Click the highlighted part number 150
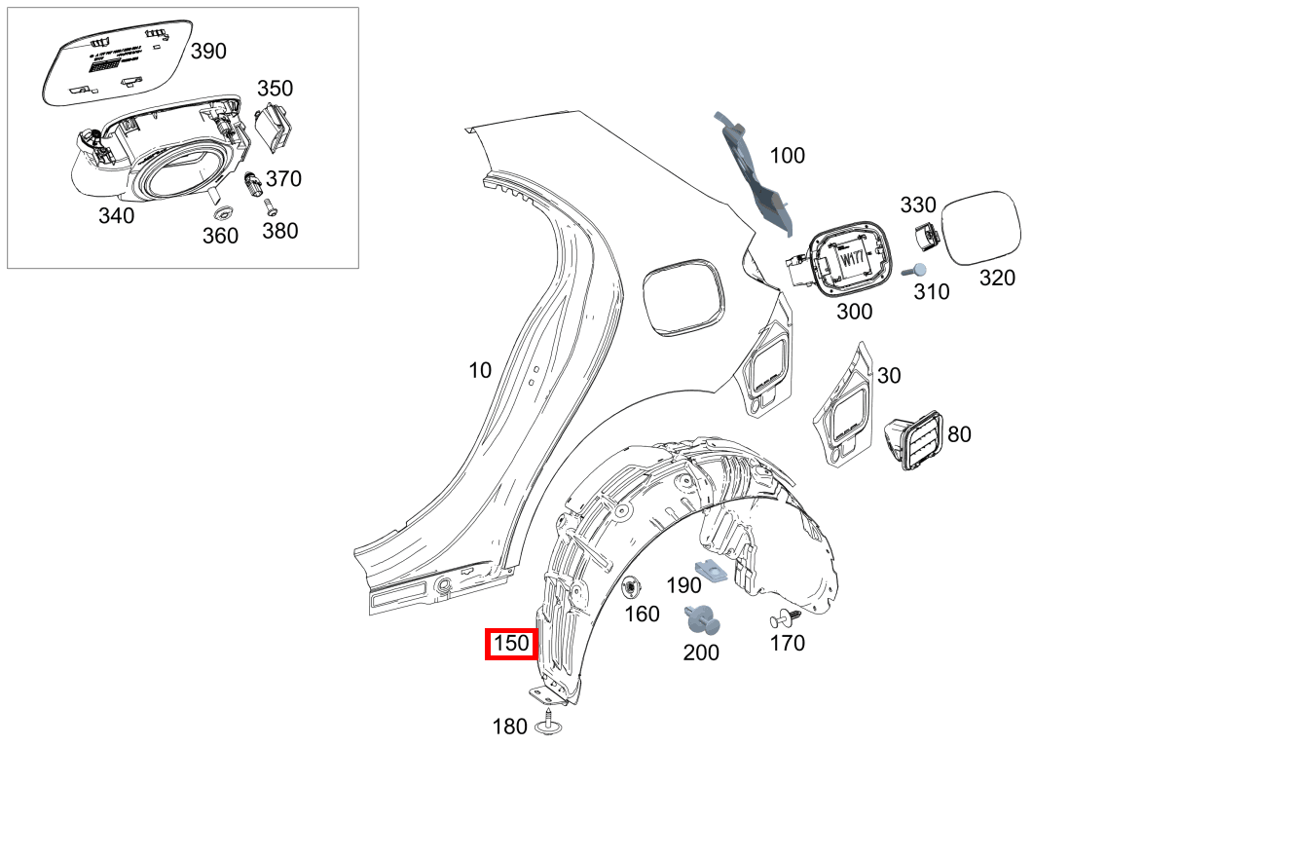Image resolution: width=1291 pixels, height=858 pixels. [x=511, y=644]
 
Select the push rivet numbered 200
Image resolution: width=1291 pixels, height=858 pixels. [x=704, y=619]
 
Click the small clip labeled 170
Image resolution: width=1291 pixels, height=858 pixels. [x=786, y=617]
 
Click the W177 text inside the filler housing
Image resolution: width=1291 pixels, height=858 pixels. [x=852, y=261]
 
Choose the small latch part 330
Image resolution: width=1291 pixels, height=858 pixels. [x=926, y=237]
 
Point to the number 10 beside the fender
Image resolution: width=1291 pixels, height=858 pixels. [x=480, y=370]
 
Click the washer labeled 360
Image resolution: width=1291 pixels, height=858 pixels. [x=220, y=212]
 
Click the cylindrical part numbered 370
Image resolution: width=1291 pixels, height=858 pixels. [x=251, y=182]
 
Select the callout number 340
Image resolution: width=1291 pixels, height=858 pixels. [x=117, y=216]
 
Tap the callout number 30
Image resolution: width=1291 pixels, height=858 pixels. [x=889, y=376]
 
